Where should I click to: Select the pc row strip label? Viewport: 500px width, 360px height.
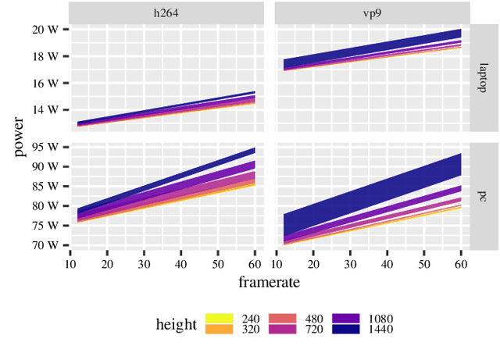[x=484, y=195]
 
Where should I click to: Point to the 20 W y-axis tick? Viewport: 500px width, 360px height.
[x=45, y=29]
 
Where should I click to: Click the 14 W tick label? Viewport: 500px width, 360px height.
[x=45, y=110]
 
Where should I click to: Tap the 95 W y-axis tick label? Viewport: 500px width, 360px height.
[x=45, y=147]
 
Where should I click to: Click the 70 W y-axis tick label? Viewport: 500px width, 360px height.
[x=45, y=244]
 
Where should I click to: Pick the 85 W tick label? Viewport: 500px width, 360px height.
[x=45, y=186]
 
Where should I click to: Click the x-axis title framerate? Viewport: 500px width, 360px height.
[x=270, y=280]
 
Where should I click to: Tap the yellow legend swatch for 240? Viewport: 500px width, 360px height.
[x=220, y=319]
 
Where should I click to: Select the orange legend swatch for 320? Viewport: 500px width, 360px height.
[x=220, y=330]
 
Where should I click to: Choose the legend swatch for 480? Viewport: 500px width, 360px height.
[x=283, y=319]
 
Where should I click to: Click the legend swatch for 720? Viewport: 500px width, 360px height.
[x=283, y=330]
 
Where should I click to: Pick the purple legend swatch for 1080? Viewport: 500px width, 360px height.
[x=346, y=319]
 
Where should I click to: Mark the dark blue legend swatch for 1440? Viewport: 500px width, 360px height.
[x=346, y=330]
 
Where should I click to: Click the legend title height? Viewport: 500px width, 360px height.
[x=176, y=324]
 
